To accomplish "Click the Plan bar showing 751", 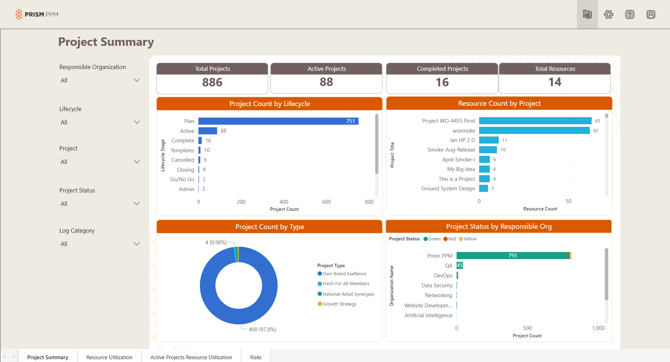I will click(278, 121).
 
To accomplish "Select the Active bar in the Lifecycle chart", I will click(208, 131).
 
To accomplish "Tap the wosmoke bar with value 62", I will click(534, 130).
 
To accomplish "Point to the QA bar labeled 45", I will click(459, 265).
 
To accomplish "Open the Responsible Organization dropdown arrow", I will click(137, 80).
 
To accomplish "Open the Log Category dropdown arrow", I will click(137, 244).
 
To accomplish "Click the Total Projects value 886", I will click(212, 82).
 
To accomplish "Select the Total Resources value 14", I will click(555, 82).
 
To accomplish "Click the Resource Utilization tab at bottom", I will click(109, 357).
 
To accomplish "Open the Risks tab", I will click(256, 357).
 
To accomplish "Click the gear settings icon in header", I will click(609, 14).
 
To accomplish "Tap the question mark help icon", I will click(630, 14).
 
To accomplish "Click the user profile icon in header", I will click(651, 14).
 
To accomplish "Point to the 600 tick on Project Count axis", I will click(326, 202).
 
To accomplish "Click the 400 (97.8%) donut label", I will click(262, 330).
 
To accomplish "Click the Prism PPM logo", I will click(37, 14).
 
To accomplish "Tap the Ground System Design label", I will click(448, 189).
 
